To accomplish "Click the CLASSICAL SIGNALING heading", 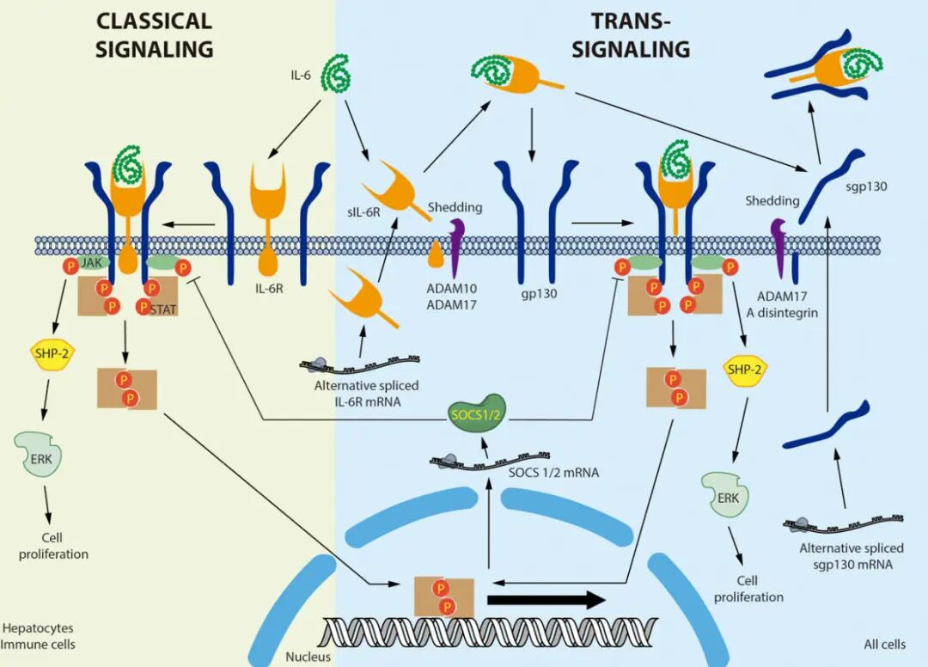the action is (154, 35).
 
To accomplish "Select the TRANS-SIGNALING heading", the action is (631, 35).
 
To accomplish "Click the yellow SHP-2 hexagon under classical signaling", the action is (52, 354).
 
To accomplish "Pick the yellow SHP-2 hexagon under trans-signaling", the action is (744, 370).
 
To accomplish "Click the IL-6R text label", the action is (269, 290).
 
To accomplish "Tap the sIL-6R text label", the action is (364, 211).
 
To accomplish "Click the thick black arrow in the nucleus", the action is (546, 600).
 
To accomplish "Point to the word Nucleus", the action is (308, 657).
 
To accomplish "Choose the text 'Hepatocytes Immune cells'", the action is (38, 636).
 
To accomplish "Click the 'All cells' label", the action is (885, 644).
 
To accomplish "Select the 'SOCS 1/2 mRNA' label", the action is (554, 472).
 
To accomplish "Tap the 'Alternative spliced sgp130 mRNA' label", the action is (852, 556).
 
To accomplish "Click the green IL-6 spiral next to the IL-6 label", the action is (337, 73).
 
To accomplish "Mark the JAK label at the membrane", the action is (92, 262).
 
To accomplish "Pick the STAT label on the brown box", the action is (163, 309).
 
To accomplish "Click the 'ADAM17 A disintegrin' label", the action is (782, 304).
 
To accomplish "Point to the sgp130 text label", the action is (866, 187).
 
